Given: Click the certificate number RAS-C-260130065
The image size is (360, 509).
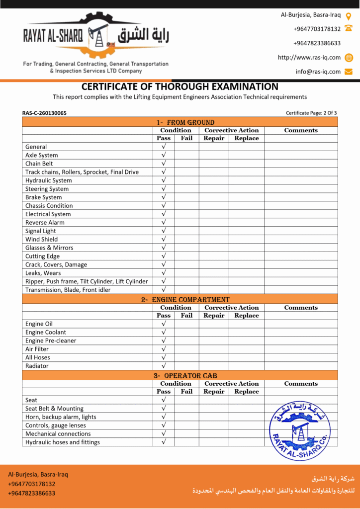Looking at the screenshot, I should coord(44,113).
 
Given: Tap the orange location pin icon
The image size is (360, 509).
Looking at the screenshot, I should coord(349,15).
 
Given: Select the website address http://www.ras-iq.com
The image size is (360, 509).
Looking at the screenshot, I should coord(309,57).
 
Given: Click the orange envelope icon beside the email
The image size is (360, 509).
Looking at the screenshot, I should coord(349,72).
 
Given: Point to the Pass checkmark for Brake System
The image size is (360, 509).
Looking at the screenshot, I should coord(164,197).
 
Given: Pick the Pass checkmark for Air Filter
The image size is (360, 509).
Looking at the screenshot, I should coord(164,349).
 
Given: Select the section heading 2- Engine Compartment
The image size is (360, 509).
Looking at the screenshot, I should coord(185,300).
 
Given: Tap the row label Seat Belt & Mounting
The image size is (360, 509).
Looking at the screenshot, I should coord(54,409).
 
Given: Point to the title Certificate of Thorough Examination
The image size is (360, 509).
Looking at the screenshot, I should coord(180,86).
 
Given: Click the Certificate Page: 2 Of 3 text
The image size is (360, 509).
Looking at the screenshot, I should coord(311,113).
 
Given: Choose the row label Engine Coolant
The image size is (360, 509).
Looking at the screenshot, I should coord(46,332).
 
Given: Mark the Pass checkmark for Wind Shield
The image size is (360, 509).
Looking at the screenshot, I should coord(164,239).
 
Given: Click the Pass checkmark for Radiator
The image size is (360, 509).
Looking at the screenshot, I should coord(164,366).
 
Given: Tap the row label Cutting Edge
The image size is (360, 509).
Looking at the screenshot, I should coord(42,256).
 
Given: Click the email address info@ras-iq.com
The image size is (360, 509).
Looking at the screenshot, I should coord(318,72).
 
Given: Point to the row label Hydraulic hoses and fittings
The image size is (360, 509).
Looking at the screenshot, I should coord(63,442).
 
